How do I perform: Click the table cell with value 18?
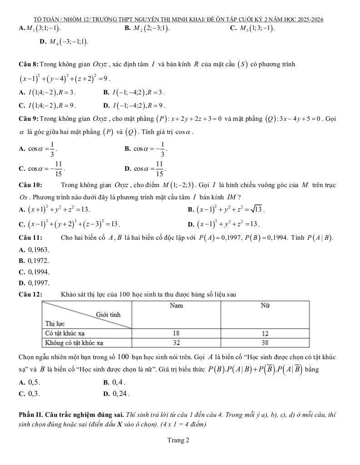pos(176,333)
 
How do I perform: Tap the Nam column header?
pos(176,306)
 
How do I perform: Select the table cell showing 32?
pos(176,342)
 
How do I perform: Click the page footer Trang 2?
pos(178,440)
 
